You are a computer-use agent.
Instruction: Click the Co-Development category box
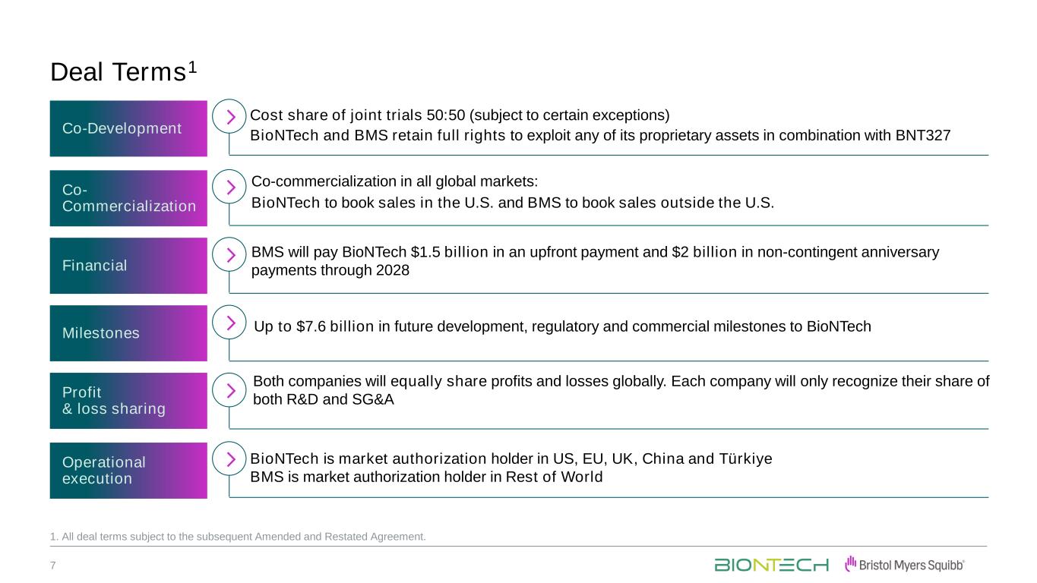click(x=128, y=128)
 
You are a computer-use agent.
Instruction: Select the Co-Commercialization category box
click(x=128, y=198)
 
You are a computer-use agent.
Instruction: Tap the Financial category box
click(x=128, y=266)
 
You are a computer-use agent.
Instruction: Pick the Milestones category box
click(x=128, y=333)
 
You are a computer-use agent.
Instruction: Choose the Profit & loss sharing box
click(x=128, y=401)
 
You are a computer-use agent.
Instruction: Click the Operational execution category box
click(x=128, y=471)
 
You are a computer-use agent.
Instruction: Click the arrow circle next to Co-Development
click(x=229, y=100)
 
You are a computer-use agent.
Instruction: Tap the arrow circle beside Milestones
click(x=229, y=307)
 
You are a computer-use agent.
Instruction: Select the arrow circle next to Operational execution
click(x=229, y=443)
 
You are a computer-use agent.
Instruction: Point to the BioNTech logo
click(x=771, y=565)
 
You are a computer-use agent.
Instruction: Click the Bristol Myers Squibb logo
click(x=905, y=565)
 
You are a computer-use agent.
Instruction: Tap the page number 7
click(x=52, y=566)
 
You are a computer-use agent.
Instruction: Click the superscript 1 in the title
click(x=193, y=68)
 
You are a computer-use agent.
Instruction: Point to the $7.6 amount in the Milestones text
click(x=311, y=326)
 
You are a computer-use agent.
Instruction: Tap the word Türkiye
click(x=745, y=459)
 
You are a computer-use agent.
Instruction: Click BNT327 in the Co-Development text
click(x=923, y=136)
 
